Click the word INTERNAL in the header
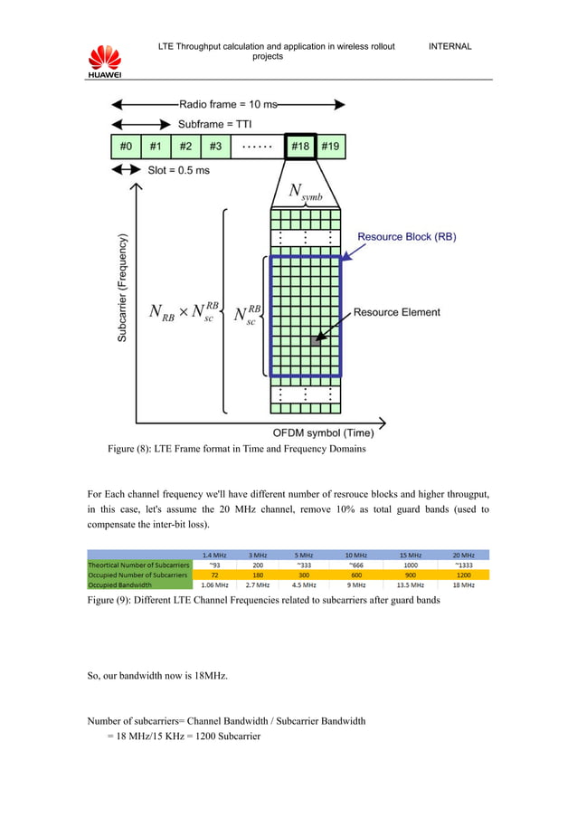tap(449, 46)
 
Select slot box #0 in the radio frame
tap(126, 147)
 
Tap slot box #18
tap(300, 147)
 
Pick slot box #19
tap(330, 147)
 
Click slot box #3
tap(214, 147)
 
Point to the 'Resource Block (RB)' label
tap(406, 237)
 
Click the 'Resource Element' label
tap(396, 313)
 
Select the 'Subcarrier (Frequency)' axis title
tap(122, 290)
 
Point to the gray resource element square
tap(315, 340)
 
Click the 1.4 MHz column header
tap(213, 554)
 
